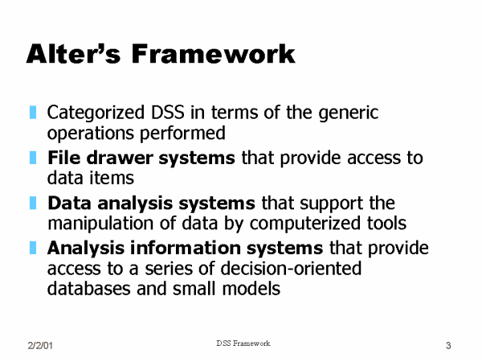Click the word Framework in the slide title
[x=214, y=54]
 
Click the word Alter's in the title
[x=73, y=54]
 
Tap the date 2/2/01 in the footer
[x=40, y=346]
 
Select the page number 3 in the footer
[x=448, y=346]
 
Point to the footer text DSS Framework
[x=243, y=343]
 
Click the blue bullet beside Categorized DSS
[x=33, y=113]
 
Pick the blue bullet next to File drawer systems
[x=33, y=158]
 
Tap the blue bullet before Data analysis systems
[x=33, y=203]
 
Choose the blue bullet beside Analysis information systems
[x=33, y=248]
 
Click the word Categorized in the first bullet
[x=96, y=113]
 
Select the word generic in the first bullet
[x=349, y=113]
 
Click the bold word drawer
[x=120, y=158]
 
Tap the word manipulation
[x=100, y=224]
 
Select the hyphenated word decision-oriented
[x=291, y=269]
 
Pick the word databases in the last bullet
[x=88, y=289]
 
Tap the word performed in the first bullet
[x=182, y=134]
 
